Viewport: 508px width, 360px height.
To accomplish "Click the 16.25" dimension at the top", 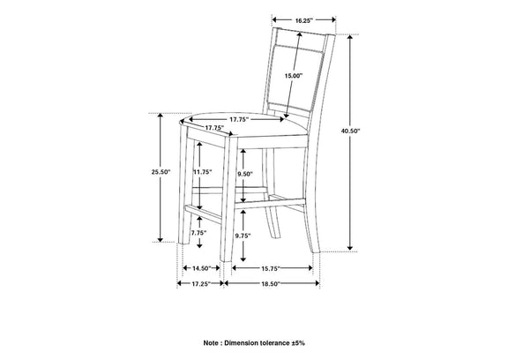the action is pyautogui.click(x=303, y=20).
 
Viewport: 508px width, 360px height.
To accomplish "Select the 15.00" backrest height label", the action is pyautogui.click(x=293, y=76).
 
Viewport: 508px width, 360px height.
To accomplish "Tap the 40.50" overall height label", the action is pyautogui.click(x=350, y=131).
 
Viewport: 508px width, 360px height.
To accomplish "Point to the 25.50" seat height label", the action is pyautogui.click(x=161, y=172).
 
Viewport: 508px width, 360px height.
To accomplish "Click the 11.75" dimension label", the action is pyautogui.click(x=203, y=172).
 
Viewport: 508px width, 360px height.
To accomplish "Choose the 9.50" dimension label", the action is pyautogui.click(x=245, y=174).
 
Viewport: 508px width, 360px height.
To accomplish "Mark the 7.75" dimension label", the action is pyautogui.click(x=198, y=233).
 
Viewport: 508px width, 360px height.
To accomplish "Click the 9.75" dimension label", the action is pyautogui.click(x=243, y=236).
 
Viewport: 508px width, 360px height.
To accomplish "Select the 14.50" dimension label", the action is pyautogui.click(x=201, y=268).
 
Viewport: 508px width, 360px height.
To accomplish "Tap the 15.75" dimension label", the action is pyautogui.click(x=271, y=268).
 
